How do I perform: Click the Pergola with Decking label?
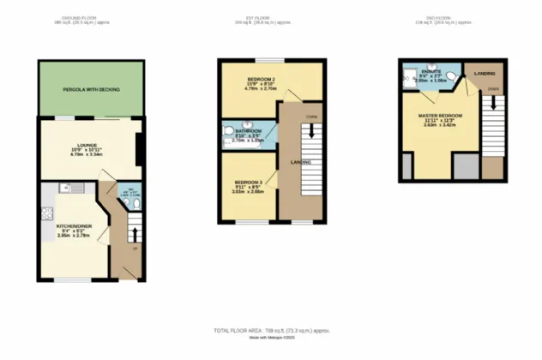click(x=90, y=90)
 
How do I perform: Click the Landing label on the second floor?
click(x=485, y=74)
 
